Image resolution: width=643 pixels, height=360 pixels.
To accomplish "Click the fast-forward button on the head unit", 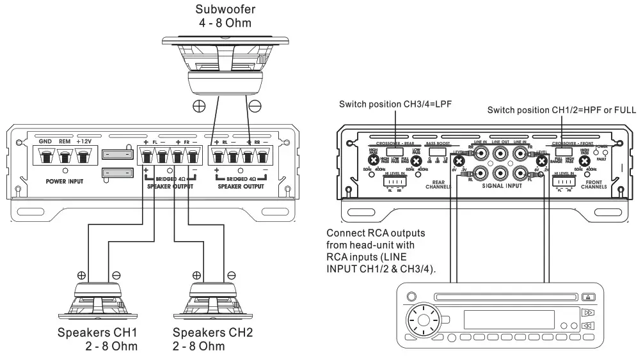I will click(x=588, y=313).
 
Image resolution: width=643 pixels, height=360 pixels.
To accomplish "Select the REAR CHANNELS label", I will click(x=437, y=185).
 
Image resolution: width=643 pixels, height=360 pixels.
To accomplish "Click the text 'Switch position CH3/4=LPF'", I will click(x=396, y=104).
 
